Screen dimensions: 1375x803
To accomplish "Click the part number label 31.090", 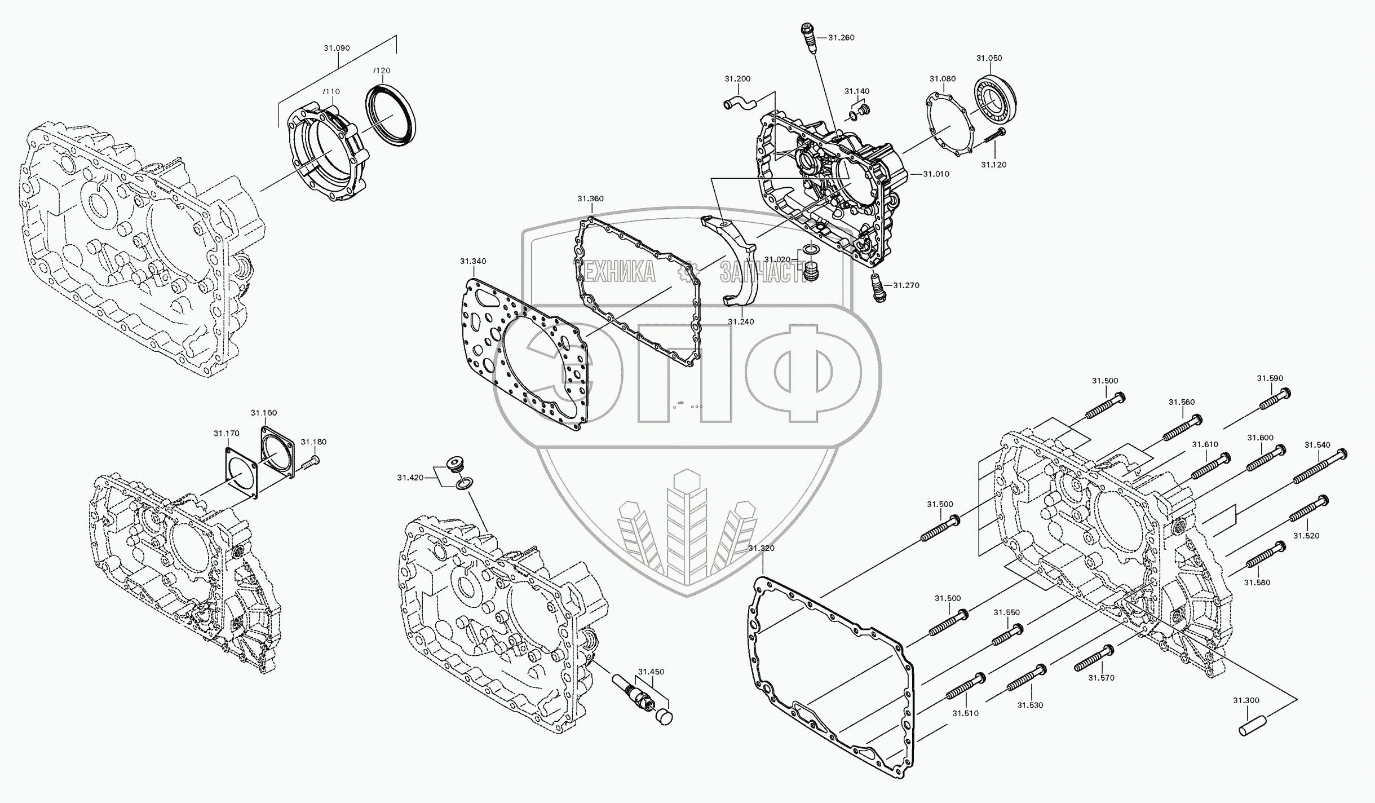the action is pyautogui.click(x=337, y=48).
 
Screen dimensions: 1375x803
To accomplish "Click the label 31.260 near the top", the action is pyautogui.click(x=841, y=38).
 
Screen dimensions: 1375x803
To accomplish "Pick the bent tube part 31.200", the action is pyautogui.click(x=739, y=104).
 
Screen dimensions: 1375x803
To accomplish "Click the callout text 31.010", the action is pyautogui.click(x=936, y=174).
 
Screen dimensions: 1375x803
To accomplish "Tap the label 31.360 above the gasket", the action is pyautogui.click(x=590, y=199).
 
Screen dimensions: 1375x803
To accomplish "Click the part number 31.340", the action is pyautogui.click(x=472, y=262).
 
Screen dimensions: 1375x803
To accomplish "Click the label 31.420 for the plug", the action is pyautogui.click(x=410, y=478).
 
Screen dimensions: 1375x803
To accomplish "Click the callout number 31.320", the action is pyautogui.click(x=761, y=549).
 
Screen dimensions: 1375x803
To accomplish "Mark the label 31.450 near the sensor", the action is pyautogui.click(x=651, y=672).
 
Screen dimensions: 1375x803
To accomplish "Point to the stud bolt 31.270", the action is pyautogui.click(x=879, y=286).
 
